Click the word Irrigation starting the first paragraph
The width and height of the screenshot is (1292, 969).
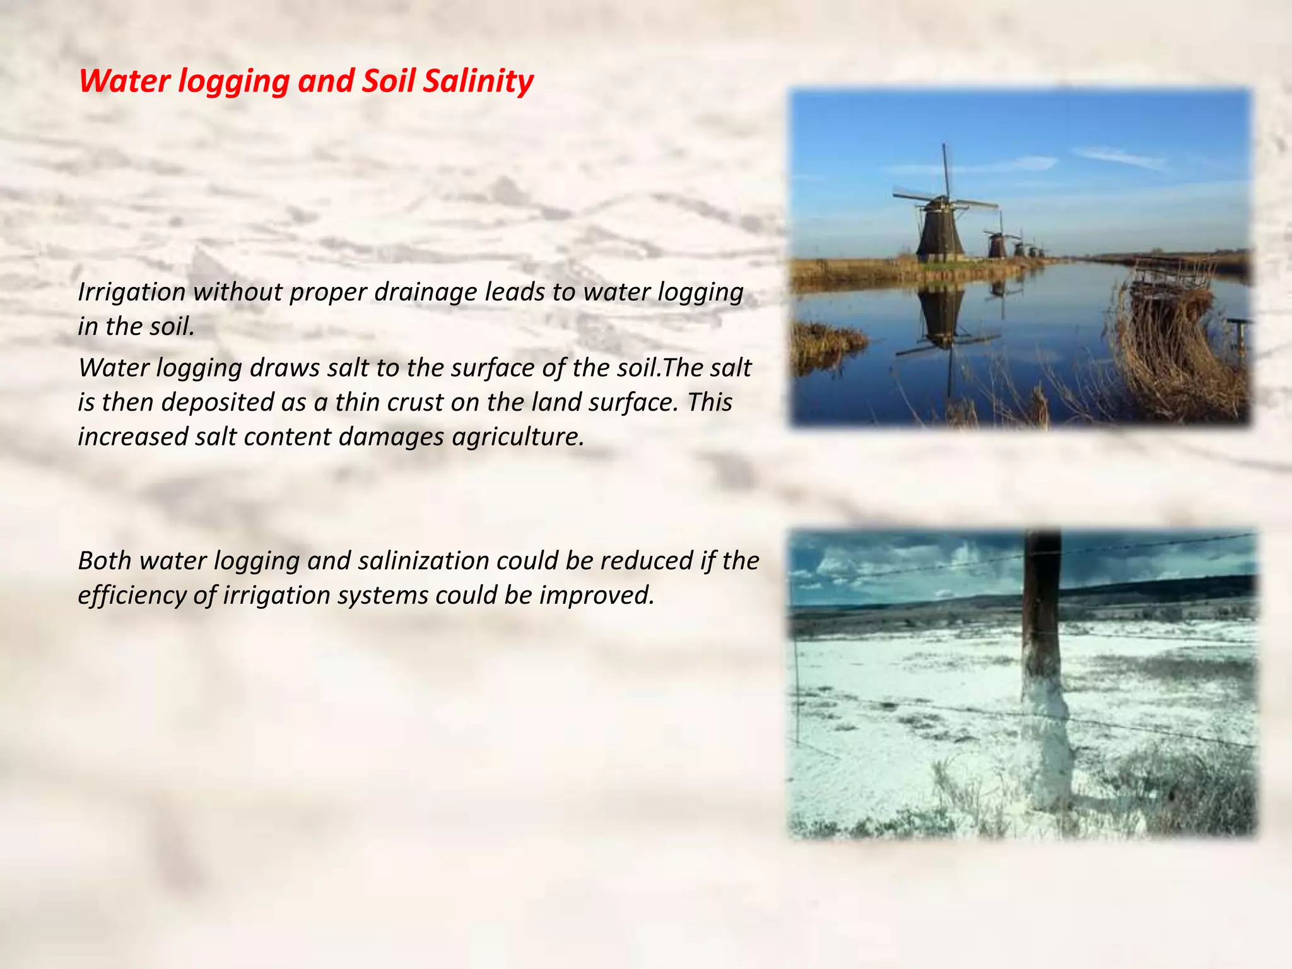point(131,292)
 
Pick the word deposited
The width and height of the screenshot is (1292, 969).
point(220,402)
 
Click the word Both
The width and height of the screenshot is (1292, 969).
point(104,561)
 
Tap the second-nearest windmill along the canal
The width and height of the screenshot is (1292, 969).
point(997,245)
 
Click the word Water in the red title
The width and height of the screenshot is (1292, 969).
point(124,81)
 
